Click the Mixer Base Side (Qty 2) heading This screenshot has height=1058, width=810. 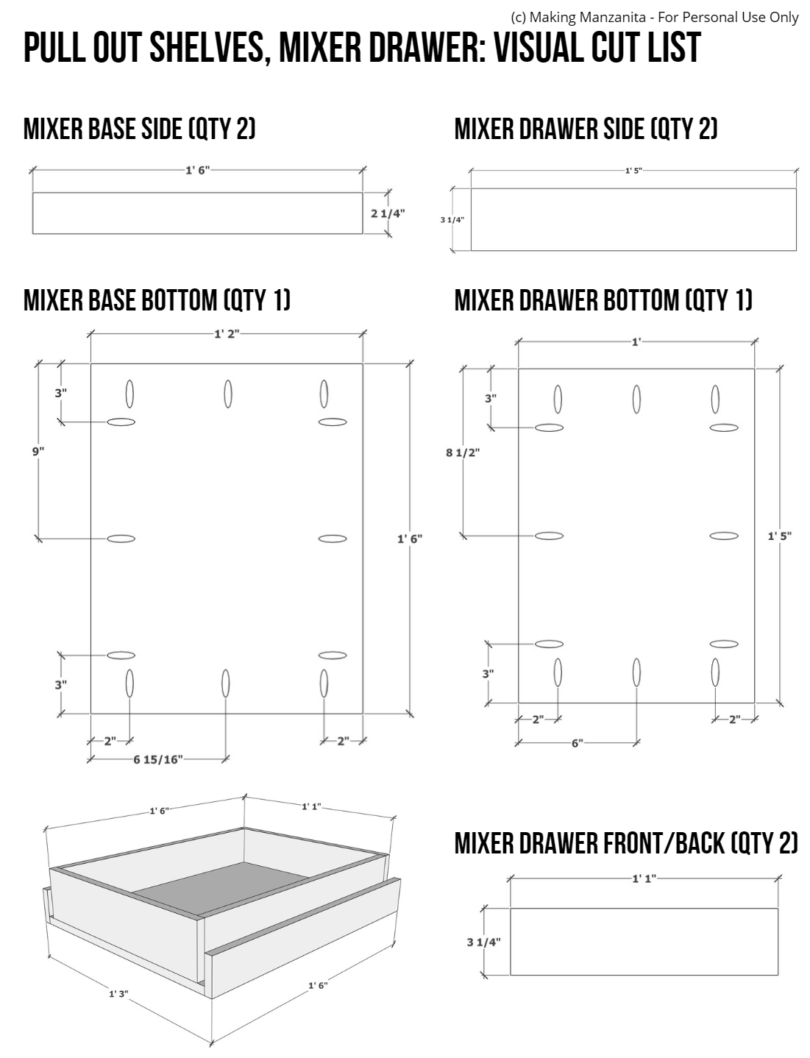click(140, 129)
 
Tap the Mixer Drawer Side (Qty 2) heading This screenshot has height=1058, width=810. click(586, 129)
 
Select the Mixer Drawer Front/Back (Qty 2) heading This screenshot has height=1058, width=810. click(626, 843)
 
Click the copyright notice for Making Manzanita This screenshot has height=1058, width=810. click(654, 17)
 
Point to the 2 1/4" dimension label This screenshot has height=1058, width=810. click(388, 213)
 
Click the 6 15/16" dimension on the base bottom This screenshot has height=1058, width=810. click(157, 759)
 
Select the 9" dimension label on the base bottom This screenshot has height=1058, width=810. click(38, 451)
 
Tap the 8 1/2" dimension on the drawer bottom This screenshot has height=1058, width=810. click(462, 452)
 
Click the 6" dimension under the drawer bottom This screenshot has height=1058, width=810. click(577, 742)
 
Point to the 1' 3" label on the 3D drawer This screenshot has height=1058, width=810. click(118, 993)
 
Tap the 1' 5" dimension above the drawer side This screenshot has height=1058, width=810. click(633, 170)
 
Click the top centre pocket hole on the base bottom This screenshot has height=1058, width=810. click(228, 394)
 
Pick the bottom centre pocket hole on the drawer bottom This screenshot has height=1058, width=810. click(636, 672)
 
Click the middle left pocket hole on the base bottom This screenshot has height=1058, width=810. click(121, 539)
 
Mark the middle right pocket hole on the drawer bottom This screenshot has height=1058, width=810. click(723, 535)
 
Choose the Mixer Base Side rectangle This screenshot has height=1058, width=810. click(197, 213)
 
